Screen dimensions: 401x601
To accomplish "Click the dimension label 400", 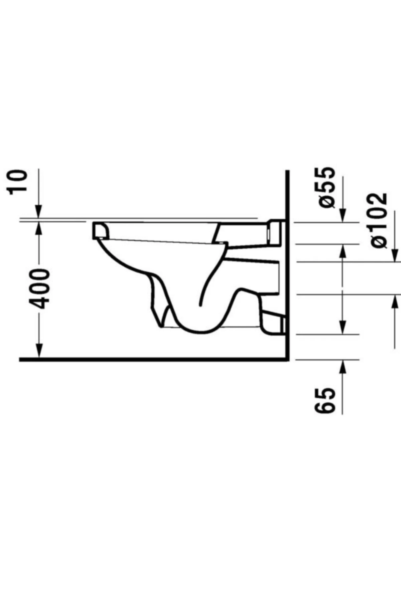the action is (39, 289).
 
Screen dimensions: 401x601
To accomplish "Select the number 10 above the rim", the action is (17, 182).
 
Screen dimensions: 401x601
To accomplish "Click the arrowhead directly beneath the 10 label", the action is (39, 212).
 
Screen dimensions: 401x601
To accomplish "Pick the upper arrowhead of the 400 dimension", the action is (39, 229).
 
